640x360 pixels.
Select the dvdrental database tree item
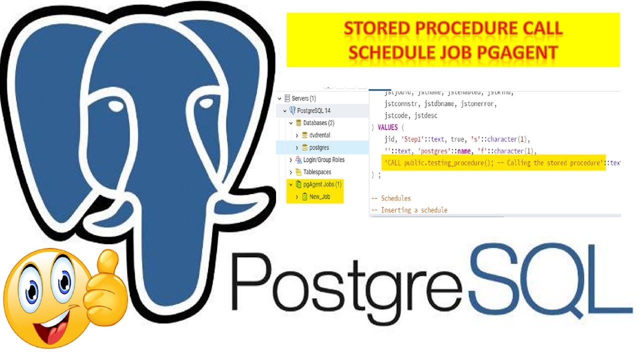319,135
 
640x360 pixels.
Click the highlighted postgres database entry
319,147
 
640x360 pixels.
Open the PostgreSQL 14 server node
313,110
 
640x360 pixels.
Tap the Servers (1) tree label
303,98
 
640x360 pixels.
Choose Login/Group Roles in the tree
323,160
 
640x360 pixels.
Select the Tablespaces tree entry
317,172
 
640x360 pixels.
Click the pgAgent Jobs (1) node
322,184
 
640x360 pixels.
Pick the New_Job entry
319,197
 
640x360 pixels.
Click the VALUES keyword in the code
387,127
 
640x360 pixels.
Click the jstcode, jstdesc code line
410,115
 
